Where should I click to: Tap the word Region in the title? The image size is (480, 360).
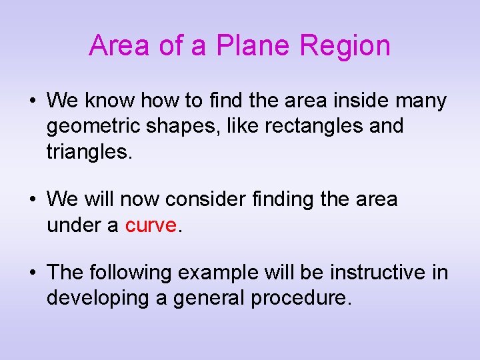point(345,46)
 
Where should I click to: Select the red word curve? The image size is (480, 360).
point(151,225)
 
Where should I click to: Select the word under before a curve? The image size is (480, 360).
point(73,225)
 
